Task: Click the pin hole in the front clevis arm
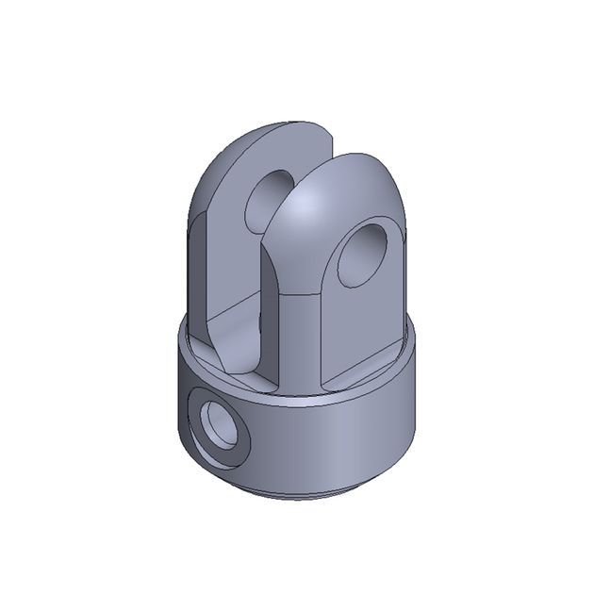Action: (x=363, y=253)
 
